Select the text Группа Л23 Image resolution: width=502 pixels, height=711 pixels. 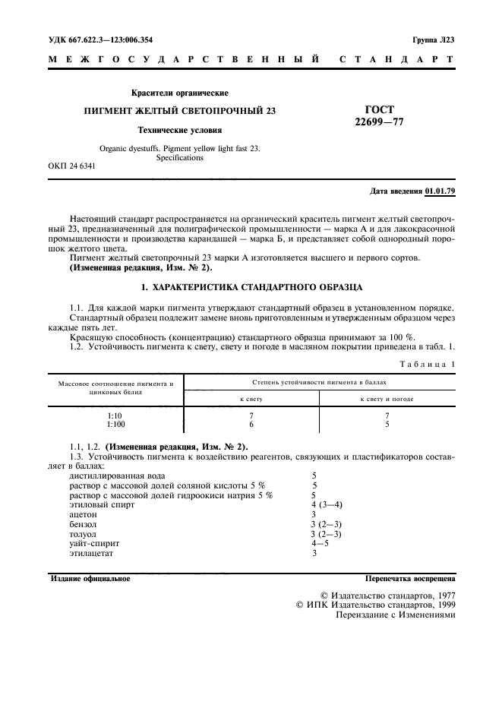[433, 39]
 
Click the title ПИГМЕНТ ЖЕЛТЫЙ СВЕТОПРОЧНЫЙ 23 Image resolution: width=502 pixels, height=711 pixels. [179, 111]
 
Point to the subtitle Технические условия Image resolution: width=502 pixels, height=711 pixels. [179, 130]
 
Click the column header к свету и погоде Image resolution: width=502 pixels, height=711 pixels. [387, 399]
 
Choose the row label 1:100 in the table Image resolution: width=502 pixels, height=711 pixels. [116, 426]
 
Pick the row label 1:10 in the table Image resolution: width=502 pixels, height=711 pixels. [116, 417]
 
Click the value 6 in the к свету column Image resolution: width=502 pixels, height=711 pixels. [251, 426]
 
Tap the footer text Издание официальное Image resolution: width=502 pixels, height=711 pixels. [90, 579]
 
